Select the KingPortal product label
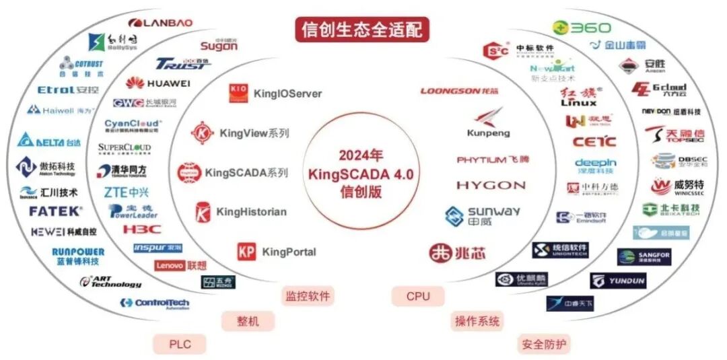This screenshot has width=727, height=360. pyautogui.click(x=277, y=252)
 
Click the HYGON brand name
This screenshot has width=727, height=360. pyautogui.click(x=491, y=185)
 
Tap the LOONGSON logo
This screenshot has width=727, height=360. pyautogui.click(x=460, y=91)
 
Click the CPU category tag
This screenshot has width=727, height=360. pyautogui.click(x=417, y=296)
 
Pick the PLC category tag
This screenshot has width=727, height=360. pyautogui.click(x=180, y=345)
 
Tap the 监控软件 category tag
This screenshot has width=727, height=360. pyautogui.click(x=308, y=296)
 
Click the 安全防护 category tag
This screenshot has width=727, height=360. pyautogui.click(x=544, y=345)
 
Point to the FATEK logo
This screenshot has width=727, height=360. pyautogui.click(x=55, y=211)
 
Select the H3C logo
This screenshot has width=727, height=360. pyautogui.click(x=142, y=229)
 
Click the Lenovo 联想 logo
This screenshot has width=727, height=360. pyautogui.click(x=180, y=265)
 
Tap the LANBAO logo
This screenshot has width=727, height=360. pyautogui.click(x=160, y=23)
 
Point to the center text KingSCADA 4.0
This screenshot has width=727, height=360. pyautogui.click(x=361, y=174)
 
